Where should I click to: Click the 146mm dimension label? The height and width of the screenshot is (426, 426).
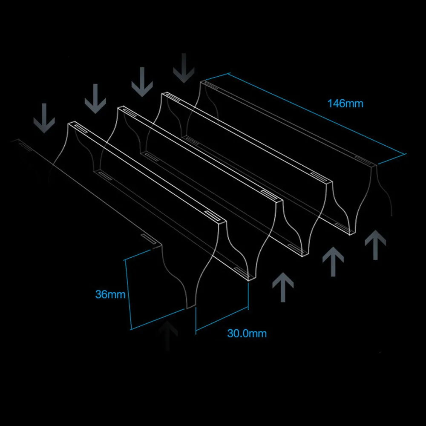tap(345, 104)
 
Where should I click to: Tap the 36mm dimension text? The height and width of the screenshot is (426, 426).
tap(110, 294)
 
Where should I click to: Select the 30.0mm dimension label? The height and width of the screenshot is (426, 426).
tap(247, 334)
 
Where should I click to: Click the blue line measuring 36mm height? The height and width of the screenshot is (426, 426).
tap(128, 295)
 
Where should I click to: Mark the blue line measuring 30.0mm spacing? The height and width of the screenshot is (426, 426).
tap(222, 319)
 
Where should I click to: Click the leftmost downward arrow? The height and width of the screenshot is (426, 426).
tap(44, 118)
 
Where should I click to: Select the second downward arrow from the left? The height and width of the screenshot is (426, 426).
tap(95, 99)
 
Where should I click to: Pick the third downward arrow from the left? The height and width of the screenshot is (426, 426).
tap(142, 82)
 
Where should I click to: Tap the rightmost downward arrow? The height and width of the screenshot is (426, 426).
tap(184, 68)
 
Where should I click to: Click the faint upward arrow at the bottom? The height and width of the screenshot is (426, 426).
tap(167, 336)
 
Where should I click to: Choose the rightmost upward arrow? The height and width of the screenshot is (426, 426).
tap(375, 245)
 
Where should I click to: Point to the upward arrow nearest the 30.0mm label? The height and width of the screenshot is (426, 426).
tap(283, 287)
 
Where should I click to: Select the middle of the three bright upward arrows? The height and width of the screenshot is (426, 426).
tap(333, 262)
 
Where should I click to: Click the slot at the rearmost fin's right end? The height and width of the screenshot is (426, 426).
tap(363, 161)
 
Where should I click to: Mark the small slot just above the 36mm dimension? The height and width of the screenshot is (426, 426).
tap(148, 238)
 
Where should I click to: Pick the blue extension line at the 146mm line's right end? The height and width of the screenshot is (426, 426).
tap(392, 159)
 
